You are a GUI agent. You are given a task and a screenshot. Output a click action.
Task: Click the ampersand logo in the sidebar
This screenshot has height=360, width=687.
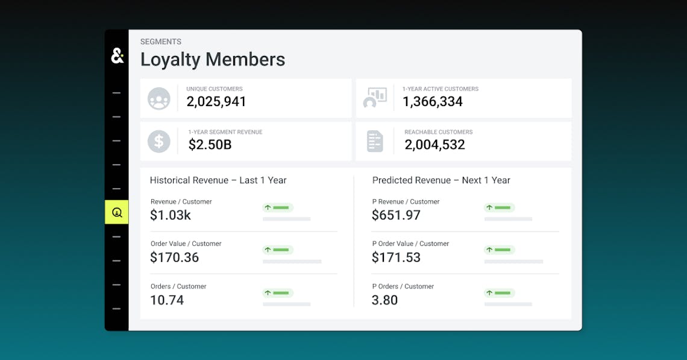(117, 56)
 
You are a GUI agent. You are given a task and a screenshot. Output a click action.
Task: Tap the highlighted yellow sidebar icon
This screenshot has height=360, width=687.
(117, 212)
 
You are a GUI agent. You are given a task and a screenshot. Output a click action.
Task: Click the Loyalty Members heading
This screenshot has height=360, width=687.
(213, 60)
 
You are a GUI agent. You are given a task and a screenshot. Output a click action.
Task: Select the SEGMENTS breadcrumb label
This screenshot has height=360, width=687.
(161, 42)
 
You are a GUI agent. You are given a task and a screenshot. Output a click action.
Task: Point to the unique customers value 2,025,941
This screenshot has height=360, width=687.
(216, 101)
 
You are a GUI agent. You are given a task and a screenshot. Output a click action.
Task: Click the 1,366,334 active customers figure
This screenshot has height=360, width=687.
(433, 101)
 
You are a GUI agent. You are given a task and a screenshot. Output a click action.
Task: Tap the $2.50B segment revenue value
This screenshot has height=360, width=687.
(210, 145)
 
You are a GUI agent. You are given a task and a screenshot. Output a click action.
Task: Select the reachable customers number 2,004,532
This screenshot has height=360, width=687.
(435, 145)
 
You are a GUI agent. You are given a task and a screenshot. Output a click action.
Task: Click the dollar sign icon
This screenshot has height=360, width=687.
(159, 141)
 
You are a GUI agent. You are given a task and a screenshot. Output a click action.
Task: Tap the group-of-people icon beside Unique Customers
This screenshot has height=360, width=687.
(159, 98)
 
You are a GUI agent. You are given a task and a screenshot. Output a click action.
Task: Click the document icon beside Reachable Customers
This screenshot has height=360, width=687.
(375, 141)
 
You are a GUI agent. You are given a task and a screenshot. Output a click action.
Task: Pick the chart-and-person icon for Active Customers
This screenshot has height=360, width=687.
(375, 98)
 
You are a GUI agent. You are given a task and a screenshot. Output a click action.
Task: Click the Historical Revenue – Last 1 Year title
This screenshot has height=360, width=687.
(218, 180)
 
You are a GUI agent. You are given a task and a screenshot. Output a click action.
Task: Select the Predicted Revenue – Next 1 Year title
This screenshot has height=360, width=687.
(441, 180)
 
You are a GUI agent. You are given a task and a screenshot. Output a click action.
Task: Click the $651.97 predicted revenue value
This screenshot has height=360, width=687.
(396, 215)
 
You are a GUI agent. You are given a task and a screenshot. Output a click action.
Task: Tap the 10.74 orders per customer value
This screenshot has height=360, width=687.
(167, 300)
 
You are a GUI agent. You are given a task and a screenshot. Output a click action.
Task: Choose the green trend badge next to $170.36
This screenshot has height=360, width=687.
(278, 250)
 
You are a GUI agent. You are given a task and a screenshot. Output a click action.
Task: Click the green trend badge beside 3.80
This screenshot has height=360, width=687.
(500, 293)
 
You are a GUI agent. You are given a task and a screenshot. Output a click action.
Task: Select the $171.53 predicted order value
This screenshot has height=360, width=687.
(396, 258)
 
